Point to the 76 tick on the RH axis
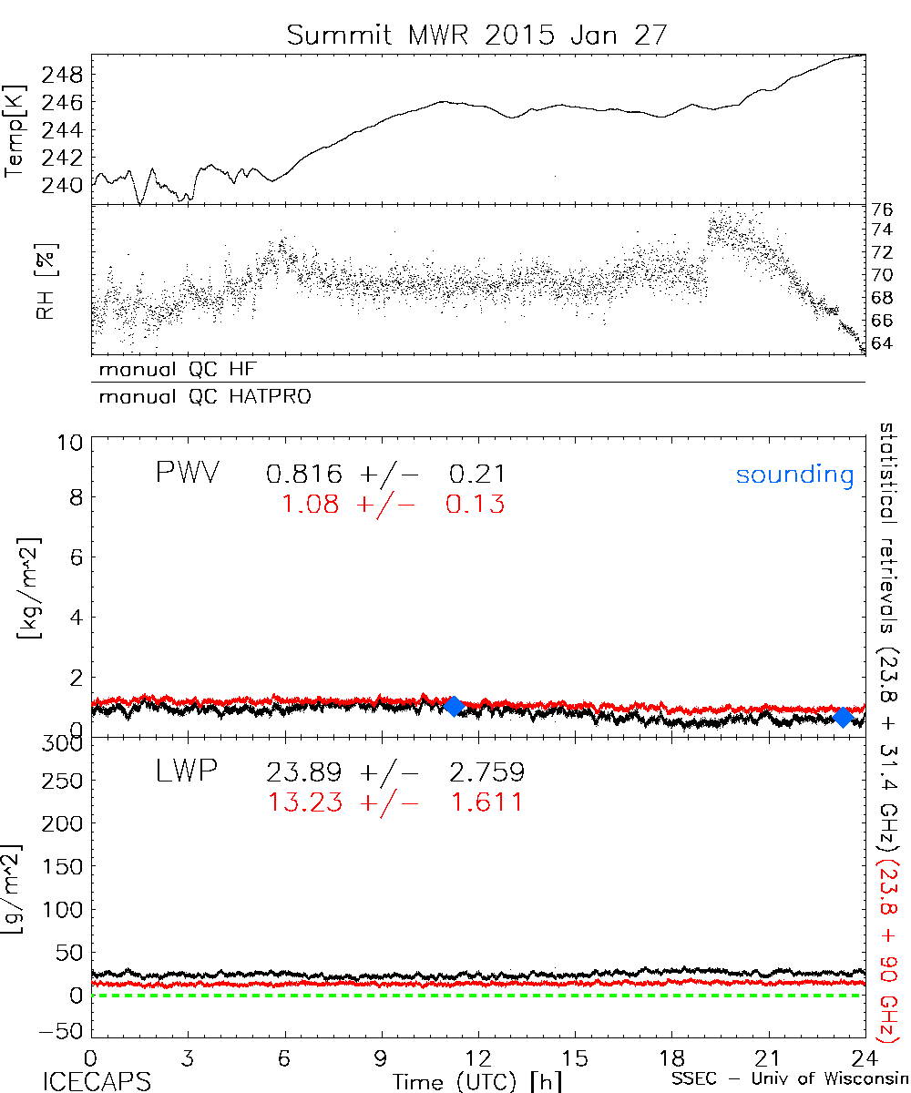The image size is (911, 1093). pyautogui.click(x=882, y=208)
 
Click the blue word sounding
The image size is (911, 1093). pyautogui.click(x=795, y=475)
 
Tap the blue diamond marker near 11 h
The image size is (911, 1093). pyautogui.click(x=453, y=706)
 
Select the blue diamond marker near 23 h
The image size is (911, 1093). pyautogui.click(x=844, y=717)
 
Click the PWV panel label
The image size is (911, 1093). pyautogui.click(x=187, y=473)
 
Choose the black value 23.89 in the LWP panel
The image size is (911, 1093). pyautogui.click(x=304, y=773)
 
